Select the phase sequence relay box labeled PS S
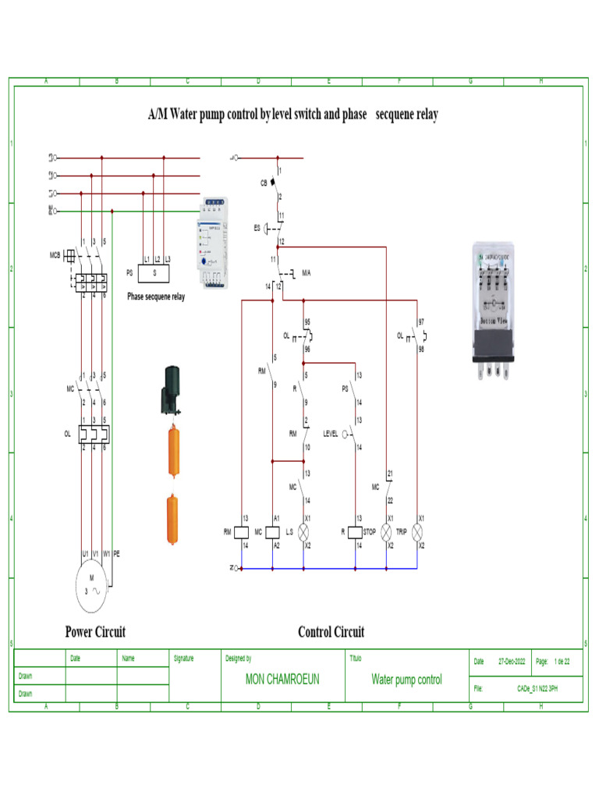155,273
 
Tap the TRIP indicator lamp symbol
418,531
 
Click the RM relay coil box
242,531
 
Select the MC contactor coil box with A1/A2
272,531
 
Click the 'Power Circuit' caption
95,632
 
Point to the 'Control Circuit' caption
331,632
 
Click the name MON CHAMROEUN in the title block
282,680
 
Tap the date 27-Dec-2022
512,662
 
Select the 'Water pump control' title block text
406,680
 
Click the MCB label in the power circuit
55,254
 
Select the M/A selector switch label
307,273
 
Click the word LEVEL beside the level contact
331,434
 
